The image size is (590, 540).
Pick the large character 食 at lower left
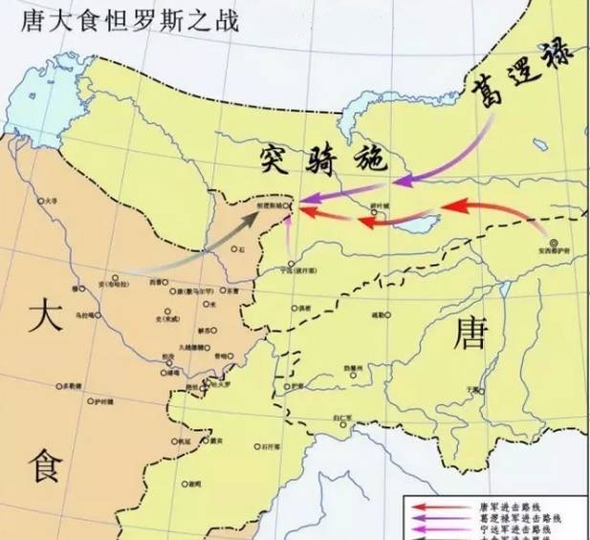(x=44, y=468)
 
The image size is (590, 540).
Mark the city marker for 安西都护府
(x=552, y=244)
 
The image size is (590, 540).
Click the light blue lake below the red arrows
(x=415, y=227)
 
